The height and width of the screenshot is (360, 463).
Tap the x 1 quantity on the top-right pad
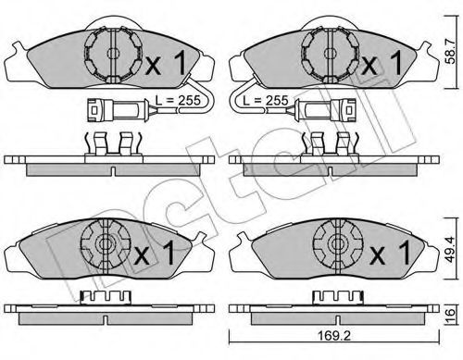pyautogui.click(x=382, y=65)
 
